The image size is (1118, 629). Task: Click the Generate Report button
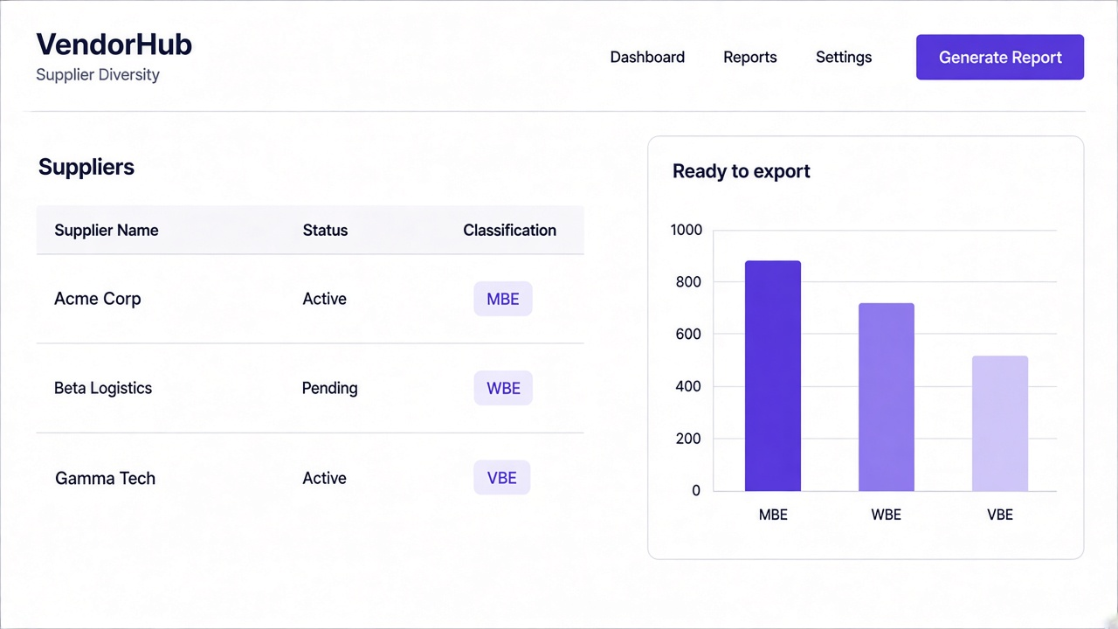click(1000, 57)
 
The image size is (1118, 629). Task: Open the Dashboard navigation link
click(647, 57)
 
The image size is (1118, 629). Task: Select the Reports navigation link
click(750, 58)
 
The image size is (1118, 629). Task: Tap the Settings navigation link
click(844, 58)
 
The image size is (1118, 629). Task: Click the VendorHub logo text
click(114, 44)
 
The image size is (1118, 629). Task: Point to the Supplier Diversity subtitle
click(98, 74)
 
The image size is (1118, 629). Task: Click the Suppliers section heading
click(86, 167)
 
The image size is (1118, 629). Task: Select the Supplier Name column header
click(107, 230)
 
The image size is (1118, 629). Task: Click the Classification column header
click(509, 230)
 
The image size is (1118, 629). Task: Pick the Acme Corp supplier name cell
click(97, 299)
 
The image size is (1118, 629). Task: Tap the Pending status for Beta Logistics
click(329, 389)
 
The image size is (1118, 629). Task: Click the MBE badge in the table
click(503, 299)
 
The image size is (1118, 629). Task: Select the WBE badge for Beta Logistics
click(503, 388)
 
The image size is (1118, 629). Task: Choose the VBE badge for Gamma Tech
click(502, 478)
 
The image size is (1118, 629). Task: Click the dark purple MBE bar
click(773, 376)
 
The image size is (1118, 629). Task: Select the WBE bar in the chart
click(887, 397)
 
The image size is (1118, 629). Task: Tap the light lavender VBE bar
click(1000, 424)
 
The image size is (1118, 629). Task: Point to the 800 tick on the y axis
click(688, 282)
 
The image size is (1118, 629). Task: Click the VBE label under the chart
click(1000, 515)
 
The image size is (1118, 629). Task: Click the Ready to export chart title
click(742, 171)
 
